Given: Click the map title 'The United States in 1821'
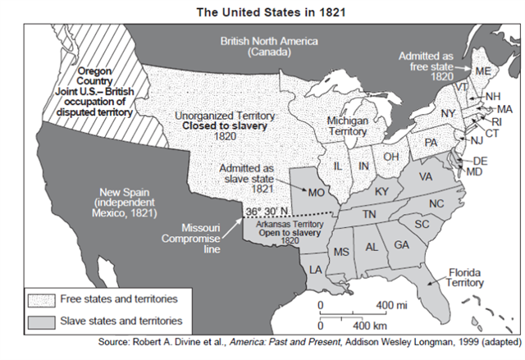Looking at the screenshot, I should [x=262, y=12].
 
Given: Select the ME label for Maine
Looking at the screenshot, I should [x=483, y=72].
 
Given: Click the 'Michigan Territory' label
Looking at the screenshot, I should [x=347, y=125].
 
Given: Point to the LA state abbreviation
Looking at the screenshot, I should [x=315, y=268].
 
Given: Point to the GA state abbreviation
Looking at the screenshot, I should [x=401, y=244].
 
